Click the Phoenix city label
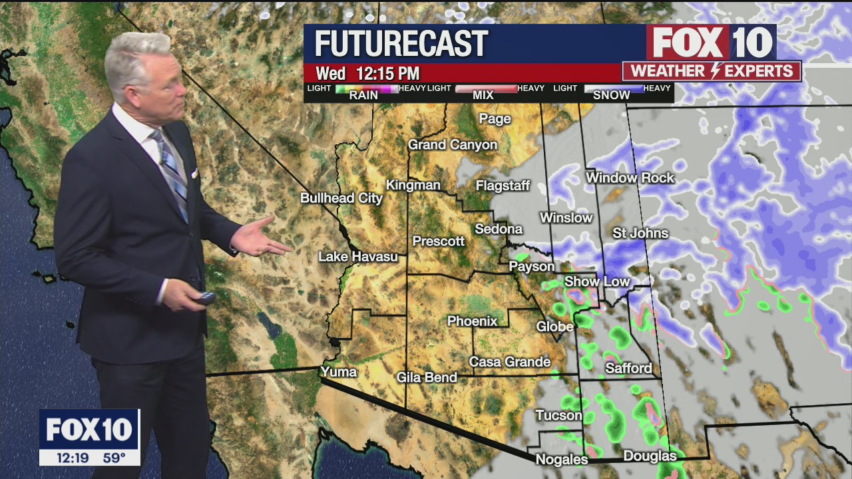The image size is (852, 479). pos(472,321)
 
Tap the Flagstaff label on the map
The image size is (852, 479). pos(503,186)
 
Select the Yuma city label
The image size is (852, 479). pos(339,371)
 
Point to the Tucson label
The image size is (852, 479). pos(558,415)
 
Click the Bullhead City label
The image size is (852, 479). pos(341,198)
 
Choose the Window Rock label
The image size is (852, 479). pos(630,178)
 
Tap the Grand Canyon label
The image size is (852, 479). pos(453,144)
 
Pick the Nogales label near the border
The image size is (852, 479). pos(562,460)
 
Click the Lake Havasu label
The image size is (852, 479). pos(357,256)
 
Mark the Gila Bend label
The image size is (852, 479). pos(427,377)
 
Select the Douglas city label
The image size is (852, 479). pos(650,456)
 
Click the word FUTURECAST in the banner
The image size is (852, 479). pos(401,44)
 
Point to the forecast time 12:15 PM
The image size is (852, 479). pos(387,73)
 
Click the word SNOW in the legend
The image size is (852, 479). pos(611,95)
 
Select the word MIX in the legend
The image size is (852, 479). pos(483,95)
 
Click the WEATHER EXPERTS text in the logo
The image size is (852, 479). pos(712,71)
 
